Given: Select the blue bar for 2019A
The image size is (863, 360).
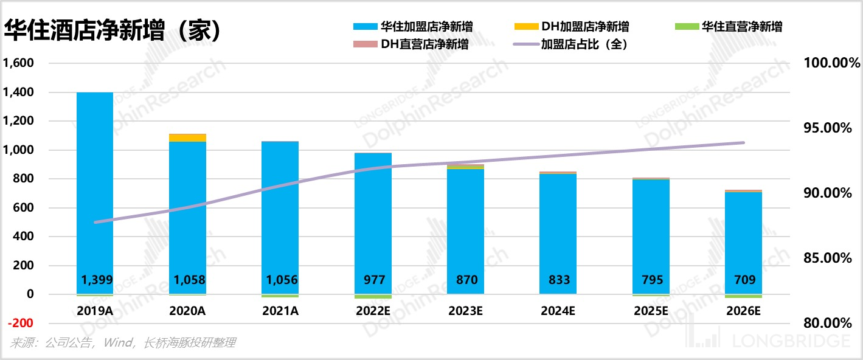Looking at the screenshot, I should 95,182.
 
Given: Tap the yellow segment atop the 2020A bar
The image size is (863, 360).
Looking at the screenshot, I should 187,137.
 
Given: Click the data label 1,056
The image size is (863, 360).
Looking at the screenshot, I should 280,280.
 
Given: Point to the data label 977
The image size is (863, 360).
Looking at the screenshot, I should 373,280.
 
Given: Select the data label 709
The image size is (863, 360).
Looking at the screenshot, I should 744,280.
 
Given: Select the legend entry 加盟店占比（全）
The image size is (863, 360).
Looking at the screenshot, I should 584,44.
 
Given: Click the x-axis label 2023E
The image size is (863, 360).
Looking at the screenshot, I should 466,311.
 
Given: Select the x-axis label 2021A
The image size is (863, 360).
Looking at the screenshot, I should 280,311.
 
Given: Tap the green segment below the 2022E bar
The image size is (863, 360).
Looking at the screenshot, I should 373,297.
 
